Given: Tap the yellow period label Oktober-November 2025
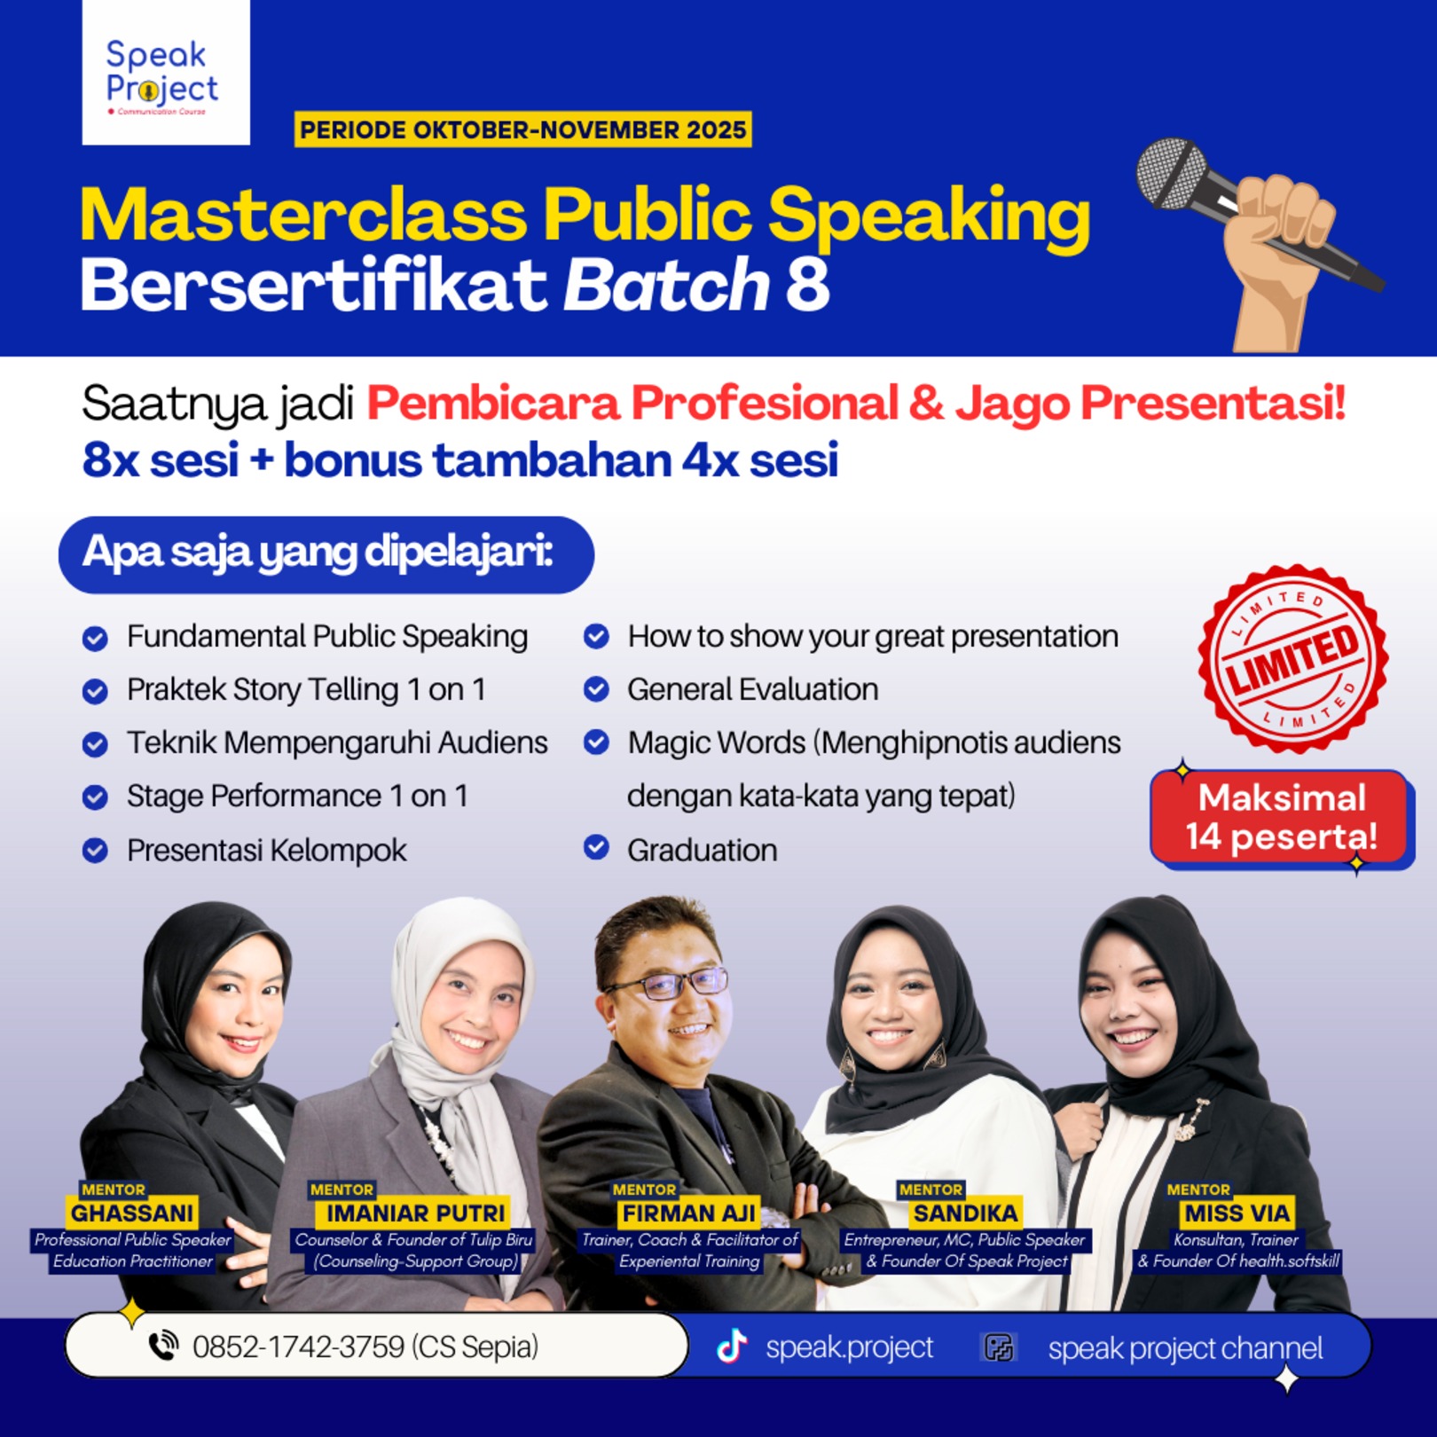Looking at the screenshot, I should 522,130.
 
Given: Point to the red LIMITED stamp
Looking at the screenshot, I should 1292,659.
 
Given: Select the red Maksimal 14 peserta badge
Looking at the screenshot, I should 1281,817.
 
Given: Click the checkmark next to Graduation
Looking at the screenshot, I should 596,848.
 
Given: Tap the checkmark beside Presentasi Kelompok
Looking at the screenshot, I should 95,850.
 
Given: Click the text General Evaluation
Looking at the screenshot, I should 752,689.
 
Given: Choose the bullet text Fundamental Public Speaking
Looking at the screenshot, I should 326,636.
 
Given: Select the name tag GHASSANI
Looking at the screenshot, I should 132,1213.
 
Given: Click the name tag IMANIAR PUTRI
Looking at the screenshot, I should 415,1213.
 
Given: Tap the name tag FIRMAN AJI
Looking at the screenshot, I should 688,1213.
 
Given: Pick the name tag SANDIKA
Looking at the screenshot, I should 965,1213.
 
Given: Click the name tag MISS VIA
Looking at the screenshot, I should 1237,1213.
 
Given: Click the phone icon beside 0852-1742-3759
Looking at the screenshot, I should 163,1346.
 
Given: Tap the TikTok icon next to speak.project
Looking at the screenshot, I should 732,1347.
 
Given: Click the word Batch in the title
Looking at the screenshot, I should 666,286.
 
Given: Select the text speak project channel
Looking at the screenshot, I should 1184,1348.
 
